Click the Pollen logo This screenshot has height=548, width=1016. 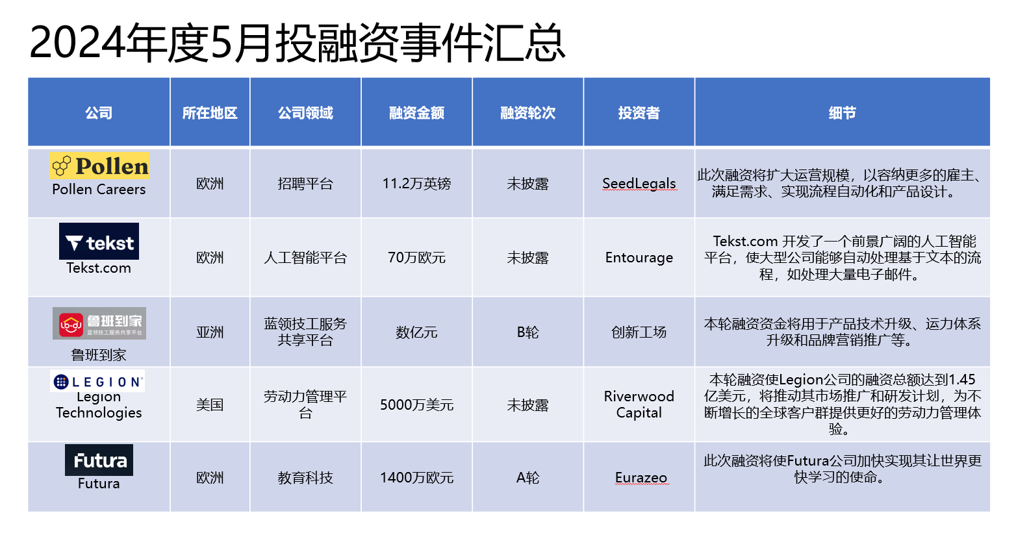point(99,166)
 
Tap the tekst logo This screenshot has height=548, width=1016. point(99,242)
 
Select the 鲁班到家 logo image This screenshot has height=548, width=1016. point(99,323)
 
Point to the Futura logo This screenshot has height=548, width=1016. point(99,460)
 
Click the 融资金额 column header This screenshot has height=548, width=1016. point(416,113)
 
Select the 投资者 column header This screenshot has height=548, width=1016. point(639,113)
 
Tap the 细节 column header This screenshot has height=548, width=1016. point(842,113)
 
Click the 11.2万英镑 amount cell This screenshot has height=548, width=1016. point(416,184)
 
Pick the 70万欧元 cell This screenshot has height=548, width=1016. point(416,258)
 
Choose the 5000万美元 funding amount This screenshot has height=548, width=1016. point(416,405)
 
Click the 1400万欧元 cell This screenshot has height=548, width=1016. point(416,478)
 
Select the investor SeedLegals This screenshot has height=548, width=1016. point(639,184)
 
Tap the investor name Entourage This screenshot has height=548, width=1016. point(639,258)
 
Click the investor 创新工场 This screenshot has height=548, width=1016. point(639,332)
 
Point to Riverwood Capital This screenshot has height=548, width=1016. point(639,405)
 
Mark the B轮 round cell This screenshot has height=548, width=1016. point(527,332)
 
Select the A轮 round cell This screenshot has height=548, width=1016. point(527,478)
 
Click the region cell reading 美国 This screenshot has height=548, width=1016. point(210,405)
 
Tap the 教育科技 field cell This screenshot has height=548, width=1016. point(305,478)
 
